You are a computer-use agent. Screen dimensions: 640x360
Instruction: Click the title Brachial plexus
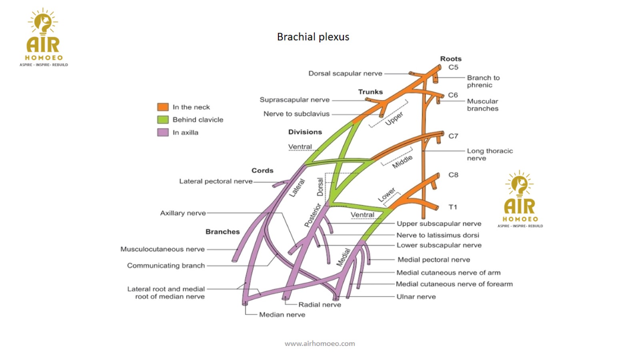313,37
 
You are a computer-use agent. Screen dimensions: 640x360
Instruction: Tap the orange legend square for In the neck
163,107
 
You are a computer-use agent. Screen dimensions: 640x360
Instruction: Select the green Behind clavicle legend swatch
163,120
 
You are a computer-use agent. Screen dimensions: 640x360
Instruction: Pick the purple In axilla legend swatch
163,132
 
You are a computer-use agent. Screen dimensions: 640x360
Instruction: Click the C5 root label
453,67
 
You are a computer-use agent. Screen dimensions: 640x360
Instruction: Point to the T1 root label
453,207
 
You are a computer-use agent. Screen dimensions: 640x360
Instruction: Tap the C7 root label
453,136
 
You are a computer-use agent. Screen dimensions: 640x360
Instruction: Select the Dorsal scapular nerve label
345,74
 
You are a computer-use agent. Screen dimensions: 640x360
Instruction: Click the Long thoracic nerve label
490,154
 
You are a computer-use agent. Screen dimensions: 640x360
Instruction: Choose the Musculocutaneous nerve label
162,249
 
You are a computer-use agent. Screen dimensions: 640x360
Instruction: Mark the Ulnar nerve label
416,296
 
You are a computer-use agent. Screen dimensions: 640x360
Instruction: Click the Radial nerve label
320,304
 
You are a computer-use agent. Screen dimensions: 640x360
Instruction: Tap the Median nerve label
282,314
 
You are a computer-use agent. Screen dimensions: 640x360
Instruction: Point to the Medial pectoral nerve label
434,260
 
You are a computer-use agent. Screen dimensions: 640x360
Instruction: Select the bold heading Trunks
370,92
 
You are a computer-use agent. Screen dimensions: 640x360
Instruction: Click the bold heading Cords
262,170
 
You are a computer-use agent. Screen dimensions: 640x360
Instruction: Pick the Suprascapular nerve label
294,100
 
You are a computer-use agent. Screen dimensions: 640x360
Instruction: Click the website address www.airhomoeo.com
320,344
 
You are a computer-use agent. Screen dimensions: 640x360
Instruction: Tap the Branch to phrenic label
483,81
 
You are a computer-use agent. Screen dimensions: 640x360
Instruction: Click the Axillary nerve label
183,213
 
